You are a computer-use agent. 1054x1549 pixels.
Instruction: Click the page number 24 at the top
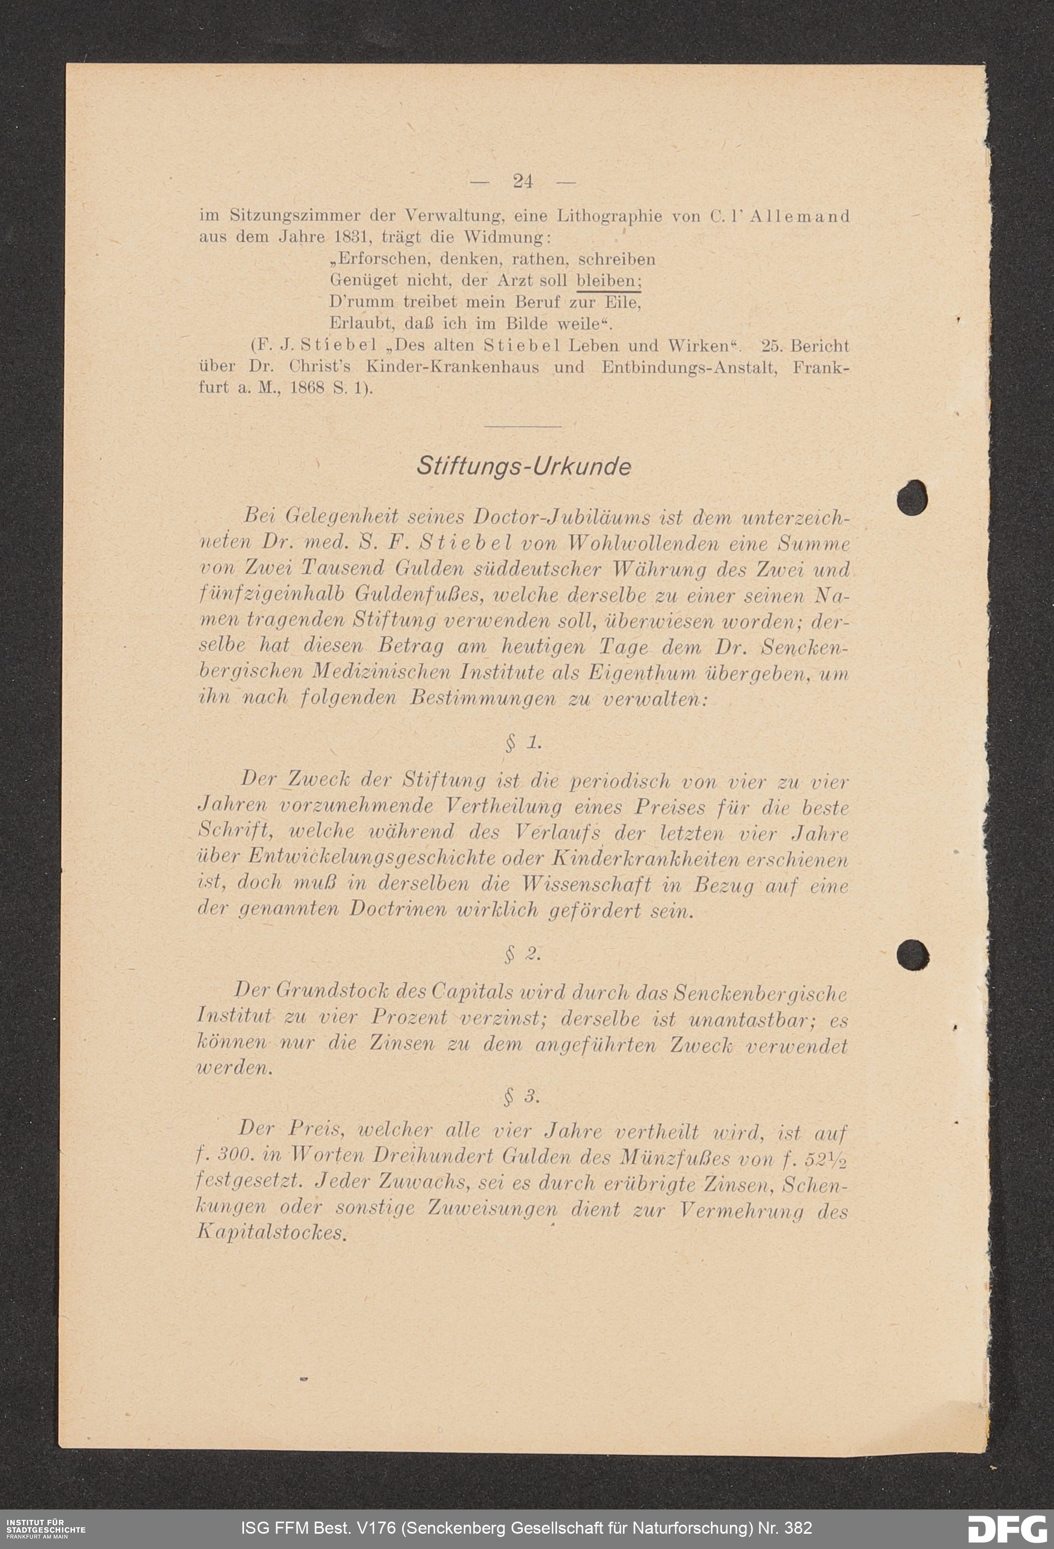pyautogui.click(x=523, y=181)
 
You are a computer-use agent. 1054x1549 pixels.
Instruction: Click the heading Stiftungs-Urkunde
pyautogui.click(x=523, y=466)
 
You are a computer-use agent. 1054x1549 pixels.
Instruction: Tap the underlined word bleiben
pyautogui.click(x=608, y=280)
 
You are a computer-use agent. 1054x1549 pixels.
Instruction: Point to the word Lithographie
pyautogui.click(x=610, y=216)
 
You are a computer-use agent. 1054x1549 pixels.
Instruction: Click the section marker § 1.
pyautogui.click(x=523, y=743)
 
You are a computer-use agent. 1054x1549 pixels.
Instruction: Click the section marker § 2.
pyautogui.click(x=523, y=954)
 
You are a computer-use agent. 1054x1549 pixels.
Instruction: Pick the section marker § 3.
pyautogui.click(x=522, y=1096)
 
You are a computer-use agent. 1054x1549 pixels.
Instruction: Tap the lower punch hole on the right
pyautogui.click(x=913, y=955)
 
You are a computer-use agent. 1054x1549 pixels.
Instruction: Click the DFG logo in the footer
pyautogui.click(x=1007, y=1528)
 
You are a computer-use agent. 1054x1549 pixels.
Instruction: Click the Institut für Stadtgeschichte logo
pyautogui.click(x=45, y=1528)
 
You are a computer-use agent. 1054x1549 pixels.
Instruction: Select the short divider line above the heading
pyautogui.click(x=523, y=426)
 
